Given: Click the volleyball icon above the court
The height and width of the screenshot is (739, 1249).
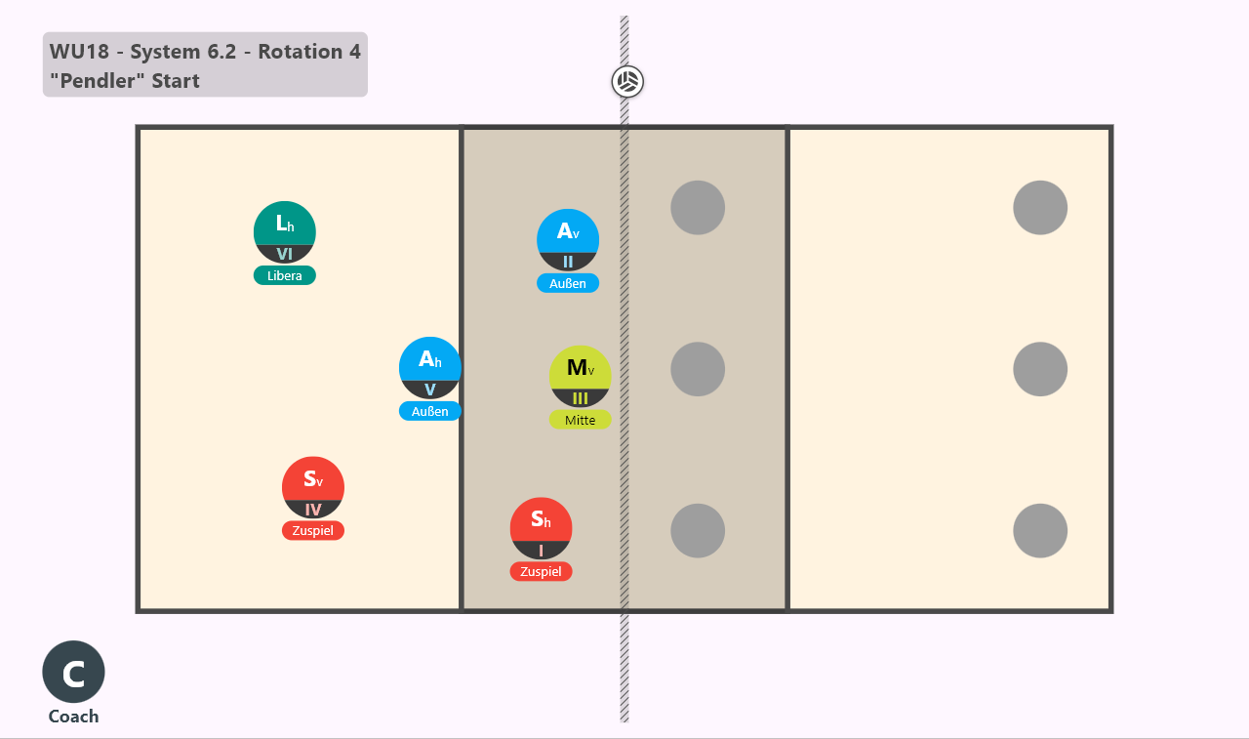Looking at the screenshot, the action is (x=627, y=82).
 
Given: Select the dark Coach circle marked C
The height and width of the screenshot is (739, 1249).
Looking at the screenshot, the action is (x=73, y=672).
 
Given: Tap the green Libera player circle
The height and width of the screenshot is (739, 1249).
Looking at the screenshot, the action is (x=284, y=232).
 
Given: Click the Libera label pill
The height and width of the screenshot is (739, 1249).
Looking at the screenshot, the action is (x=284, y=275).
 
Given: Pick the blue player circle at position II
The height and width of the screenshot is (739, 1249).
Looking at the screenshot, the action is (x=568, y=240).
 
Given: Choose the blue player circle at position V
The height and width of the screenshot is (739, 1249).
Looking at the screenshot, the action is (x=430, y=368).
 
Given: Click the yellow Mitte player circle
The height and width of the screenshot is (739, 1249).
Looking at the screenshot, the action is (x=580, y=377).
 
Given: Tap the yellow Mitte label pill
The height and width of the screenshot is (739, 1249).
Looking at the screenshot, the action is (x=580, y=420).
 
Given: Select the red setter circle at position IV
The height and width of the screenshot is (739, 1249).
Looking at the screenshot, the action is (x=313, y=487).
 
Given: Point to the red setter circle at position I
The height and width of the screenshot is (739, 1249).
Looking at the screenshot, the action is (x=541, y=528).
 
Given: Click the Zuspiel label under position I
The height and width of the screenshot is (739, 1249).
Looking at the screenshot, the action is (x=541, y=572).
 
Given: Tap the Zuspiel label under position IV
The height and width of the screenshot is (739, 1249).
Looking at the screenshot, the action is (x=313, y=530).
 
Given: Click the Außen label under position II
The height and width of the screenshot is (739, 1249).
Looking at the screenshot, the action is (x=568, y=283).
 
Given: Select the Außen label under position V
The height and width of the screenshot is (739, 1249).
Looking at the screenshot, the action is (x=430, y=411).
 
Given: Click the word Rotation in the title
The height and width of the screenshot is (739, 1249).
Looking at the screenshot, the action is (x=300, y=52).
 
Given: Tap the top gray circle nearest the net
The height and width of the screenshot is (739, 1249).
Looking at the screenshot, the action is (x=698, y=208).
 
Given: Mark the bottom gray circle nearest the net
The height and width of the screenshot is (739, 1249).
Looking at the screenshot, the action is (x=698, y=530).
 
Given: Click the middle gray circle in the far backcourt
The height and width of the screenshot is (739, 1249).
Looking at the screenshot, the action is (x=1040, y=369).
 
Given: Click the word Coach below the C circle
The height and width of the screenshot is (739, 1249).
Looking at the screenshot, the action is (x=73, y=717).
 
